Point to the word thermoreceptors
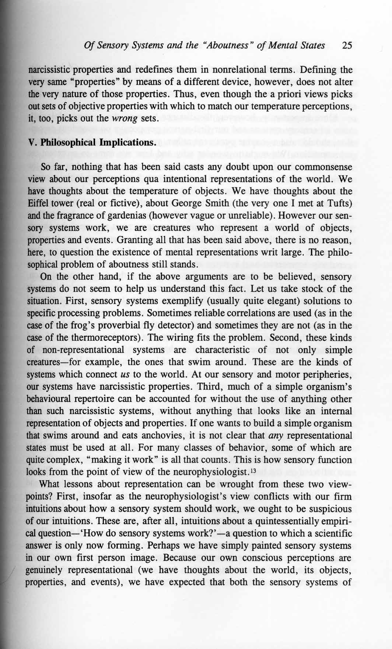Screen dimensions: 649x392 tap(99, 338)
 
